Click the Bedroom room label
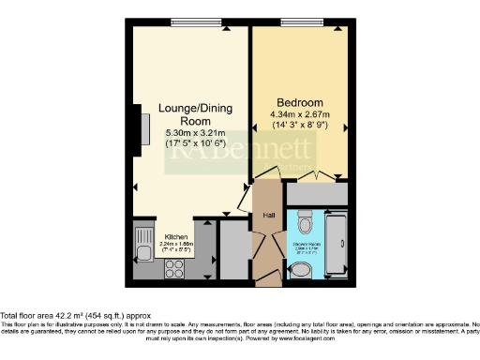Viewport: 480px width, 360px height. tap(299, 101)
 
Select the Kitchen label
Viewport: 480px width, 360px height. tap(176, 237)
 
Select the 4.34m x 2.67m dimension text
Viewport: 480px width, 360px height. tap(299, 113)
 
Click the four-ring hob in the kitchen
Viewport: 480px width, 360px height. tap(175, 269)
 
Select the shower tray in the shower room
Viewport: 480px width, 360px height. tap(337, 246)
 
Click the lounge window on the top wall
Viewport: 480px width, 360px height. tap(196, 22)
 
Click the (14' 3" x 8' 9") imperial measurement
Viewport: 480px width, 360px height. tap(299, 124)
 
